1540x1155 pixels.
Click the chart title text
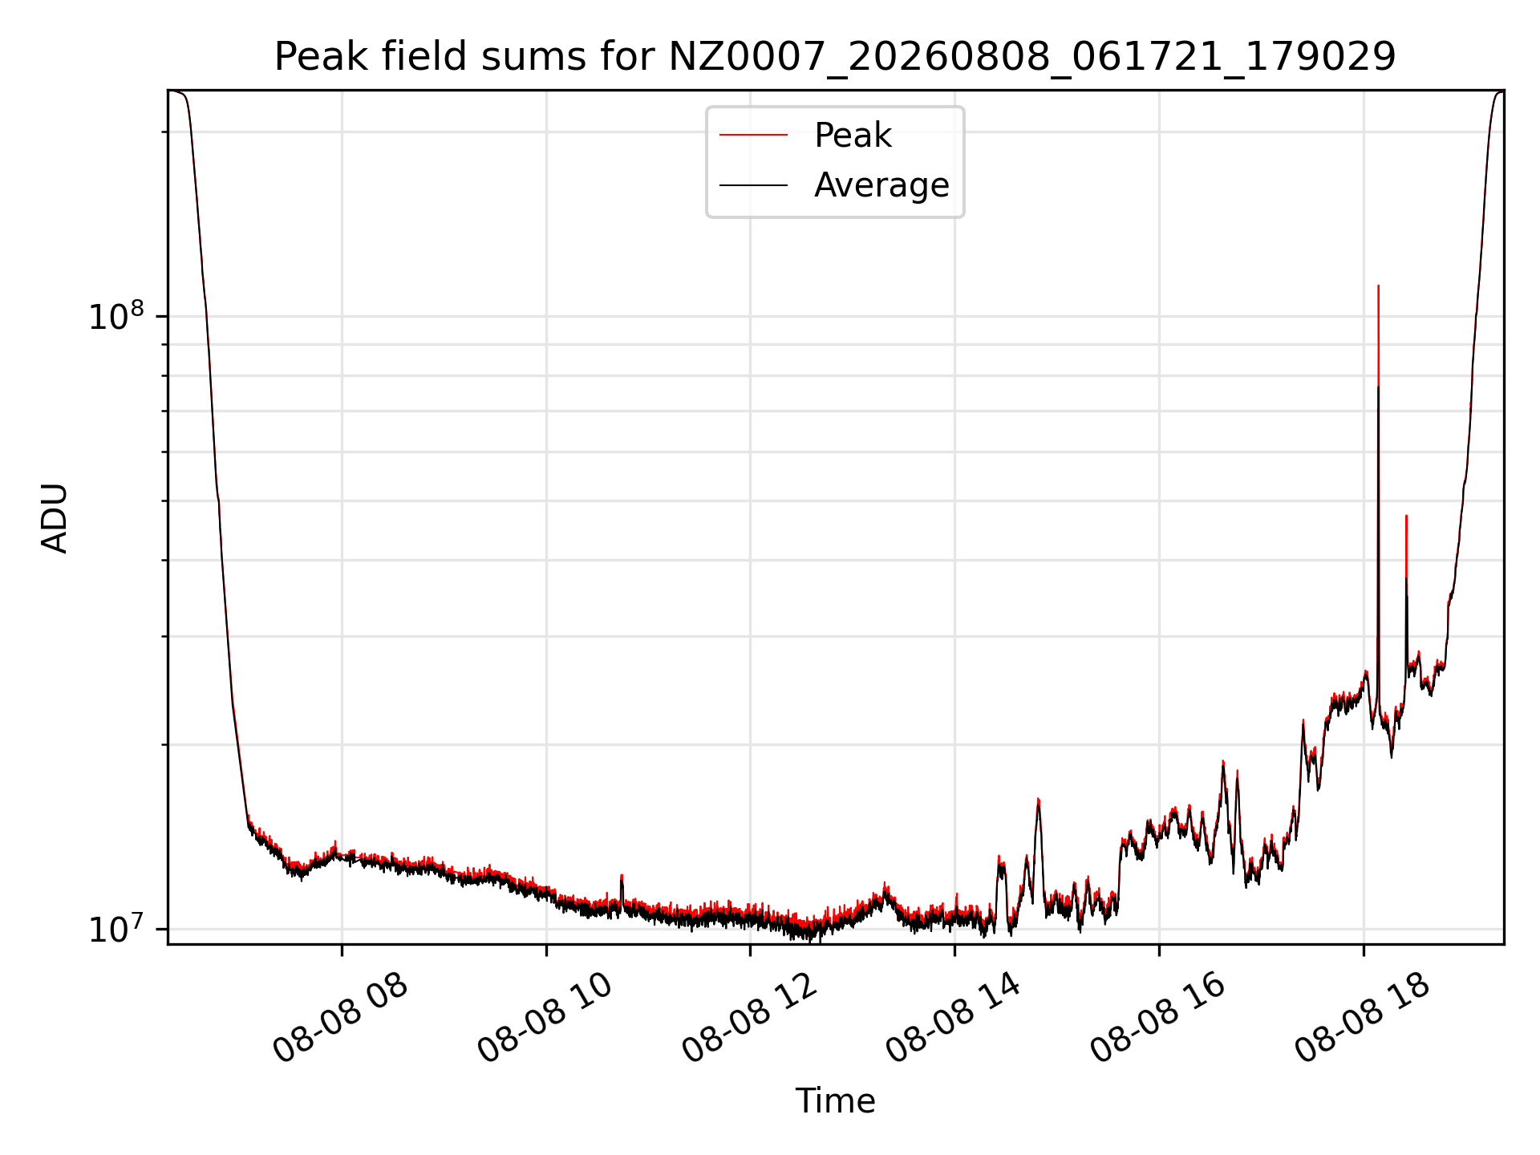pos(835,57)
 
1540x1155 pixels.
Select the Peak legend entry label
pos(853,136)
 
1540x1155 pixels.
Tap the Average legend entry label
pos(881,185)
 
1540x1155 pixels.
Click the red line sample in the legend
pos(753,136)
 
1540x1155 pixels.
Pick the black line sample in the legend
pos(753,185)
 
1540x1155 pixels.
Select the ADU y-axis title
pos(55,518)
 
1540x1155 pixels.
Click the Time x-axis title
pos(835,1100)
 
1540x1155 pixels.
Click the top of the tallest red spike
pos(1378,286)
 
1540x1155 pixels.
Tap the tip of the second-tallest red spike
pos(1406,516)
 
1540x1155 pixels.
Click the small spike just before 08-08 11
pos(622,875)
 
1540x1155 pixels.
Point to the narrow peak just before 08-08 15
pos(1038,799)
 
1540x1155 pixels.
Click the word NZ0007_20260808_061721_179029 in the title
pos(1032,58)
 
